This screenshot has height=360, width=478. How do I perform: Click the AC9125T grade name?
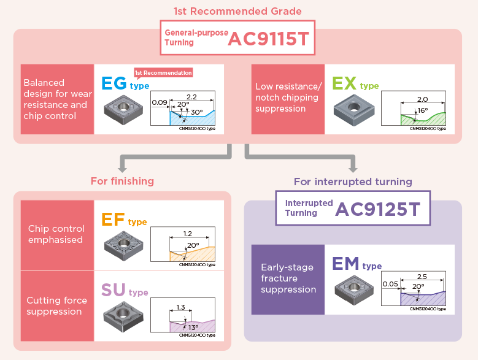pos(378,210)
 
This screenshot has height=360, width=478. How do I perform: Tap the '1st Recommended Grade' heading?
pos(238,12)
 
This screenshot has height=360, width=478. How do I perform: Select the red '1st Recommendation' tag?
pos(163,72)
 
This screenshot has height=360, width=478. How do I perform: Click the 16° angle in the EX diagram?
pos(423,110)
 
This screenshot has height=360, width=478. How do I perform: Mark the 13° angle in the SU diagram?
pos(192,327)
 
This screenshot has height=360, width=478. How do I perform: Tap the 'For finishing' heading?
pos(122,181)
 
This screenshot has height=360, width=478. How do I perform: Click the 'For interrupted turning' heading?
pos(353,182)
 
